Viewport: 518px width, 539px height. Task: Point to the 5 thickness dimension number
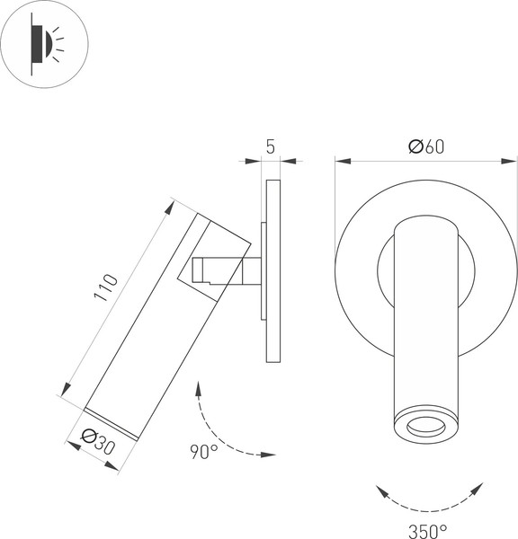[271, 147]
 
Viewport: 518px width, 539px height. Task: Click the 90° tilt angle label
[203, 451]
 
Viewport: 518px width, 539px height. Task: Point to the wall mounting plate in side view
[274, 269]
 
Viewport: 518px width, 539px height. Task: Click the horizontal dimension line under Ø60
[378, 162]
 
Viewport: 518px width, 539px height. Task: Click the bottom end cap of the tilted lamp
[112, 422]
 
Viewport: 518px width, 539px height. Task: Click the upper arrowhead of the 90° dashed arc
[197, 387]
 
